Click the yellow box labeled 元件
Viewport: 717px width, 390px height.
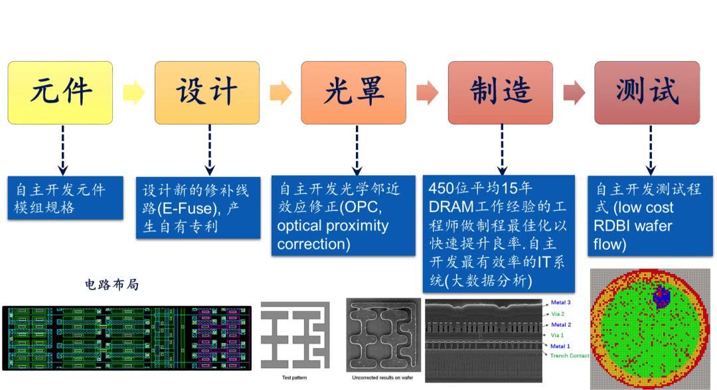click(x=60, y=92)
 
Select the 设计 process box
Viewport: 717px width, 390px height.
click(x=207, y=92)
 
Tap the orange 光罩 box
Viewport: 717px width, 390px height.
click(x=354, y=92)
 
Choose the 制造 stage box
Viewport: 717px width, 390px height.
click(x=501, y=92)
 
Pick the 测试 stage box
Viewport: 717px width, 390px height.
click(x=647, y=92)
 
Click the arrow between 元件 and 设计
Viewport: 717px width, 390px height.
click(x=133, y=93)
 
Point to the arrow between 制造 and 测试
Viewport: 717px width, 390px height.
click(x=574, y=93)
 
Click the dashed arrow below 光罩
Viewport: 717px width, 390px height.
click(x=357, y=150)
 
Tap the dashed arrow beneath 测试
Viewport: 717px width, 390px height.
click(x=651, y=150)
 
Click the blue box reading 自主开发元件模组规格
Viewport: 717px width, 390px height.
click(x=65, y=198)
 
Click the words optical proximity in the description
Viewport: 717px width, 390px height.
click(x=333, y=226)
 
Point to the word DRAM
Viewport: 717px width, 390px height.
click(x=453, y=206)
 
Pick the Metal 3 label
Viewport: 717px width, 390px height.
click(x=561, y=302)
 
